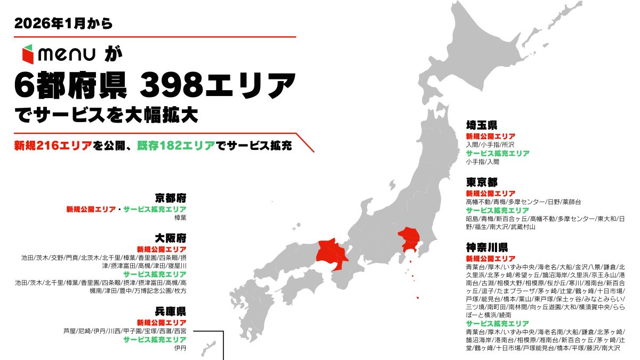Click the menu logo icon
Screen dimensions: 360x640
pyautogui.click(x=28, y=55)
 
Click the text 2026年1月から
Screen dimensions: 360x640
pyautogui.click(x=64, y=23)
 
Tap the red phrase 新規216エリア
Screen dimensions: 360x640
pyautogui.click(x=53, y=145)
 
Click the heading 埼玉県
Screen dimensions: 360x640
pyautogui.click(x=482, y=125)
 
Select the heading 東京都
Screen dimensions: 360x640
pyautogui.click(x=482, y=182)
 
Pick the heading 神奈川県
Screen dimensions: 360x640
pyautogui.click(x=486, y=247)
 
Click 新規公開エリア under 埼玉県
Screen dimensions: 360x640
pyautogui.click(x=490, y=136)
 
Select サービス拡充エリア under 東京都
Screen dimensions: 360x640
pyautogui.click(x=497, y=210)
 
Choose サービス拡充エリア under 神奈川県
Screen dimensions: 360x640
pyautogui.click(x=497, y=324)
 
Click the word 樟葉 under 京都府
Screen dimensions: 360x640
pyautogui.click(x=180, y=218)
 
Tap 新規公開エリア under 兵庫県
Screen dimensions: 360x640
pyautogui.click(x=162, y=323)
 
